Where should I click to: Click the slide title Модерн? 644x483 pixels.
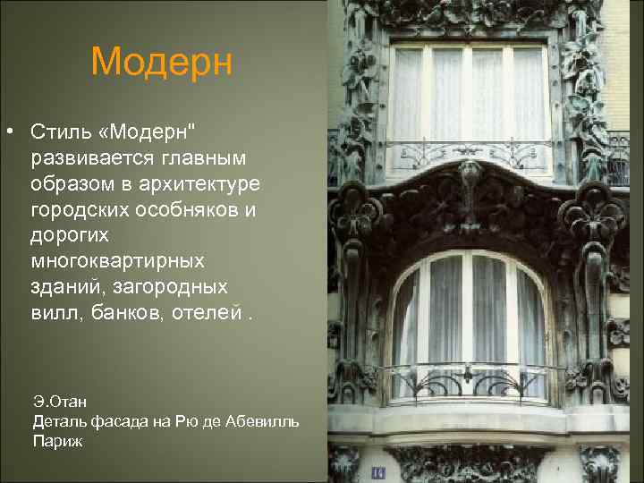[161, 62]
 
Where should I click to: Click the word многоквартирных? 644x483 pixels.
[117, 261]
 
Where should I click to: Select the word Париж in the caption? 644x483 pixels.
[57, 440]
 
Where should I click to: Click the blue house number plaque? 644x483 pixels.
[377, 470]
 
